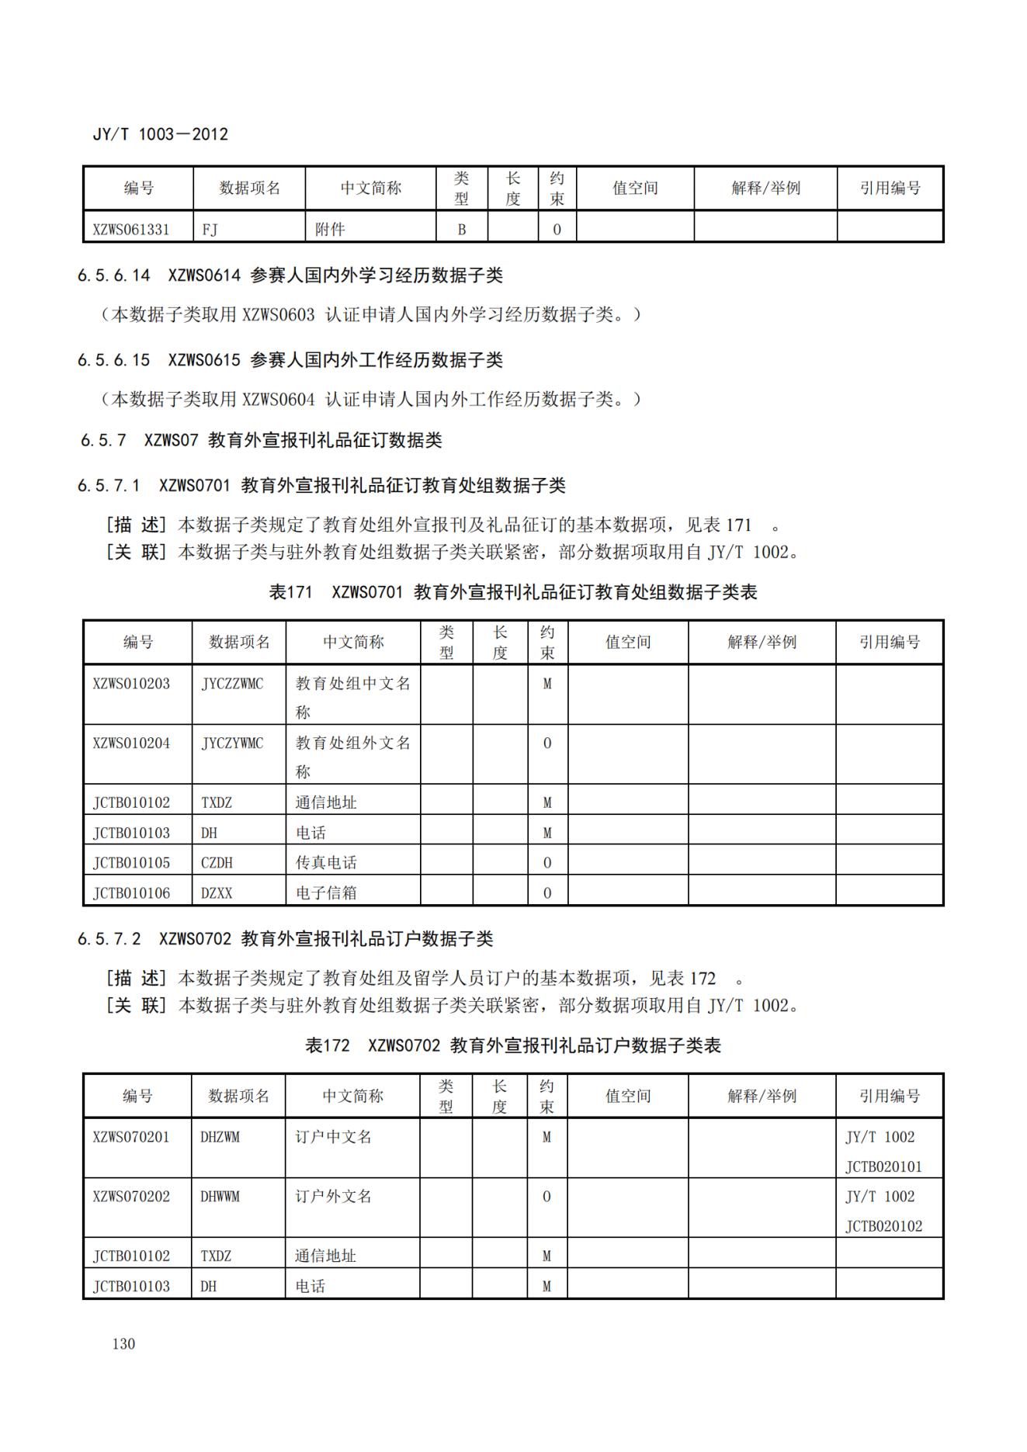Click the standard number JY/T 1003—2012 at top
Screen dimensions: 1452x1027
pos(160,134)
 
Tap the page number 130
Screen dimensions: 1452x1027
pos(123,1343)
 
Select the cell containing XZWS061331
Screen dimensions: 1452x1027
pos(130,230)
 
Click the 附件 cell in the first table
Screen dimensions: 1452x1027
pos(330,230)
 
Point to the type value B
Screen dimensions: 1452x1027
pos(461,230)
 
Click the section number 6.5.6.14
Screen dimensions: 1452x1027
pos(113,275)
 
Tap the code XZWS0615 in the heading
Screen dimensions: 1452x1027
pos(204,360)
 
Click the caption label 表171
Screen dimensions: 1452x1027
pos(290,592)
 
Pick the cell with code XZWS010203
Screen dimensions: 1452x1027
pos(130,684)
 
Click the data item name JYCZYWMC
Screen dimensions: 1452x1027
pos(232,743)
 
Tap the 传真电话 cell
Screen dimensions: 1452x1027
pos(326,863)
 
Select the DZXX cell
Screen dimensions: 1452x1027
pos(217,893)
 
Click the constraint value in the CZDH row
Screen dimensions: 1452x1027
pos(547,863)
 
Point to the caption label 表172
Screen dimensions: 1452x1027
pos(327,1045)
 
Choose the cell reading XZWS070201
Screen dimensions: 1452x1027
pos(130,1138)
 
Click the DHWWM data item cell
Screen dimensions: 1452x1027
pos(220,1197)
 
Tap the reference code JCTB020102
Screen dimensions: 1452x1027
pos(883,1226)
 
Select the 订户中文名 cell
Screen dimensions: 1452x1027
pos(333,1138)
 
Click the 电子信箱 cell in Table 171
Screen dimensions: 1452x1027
pos(326,893)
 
